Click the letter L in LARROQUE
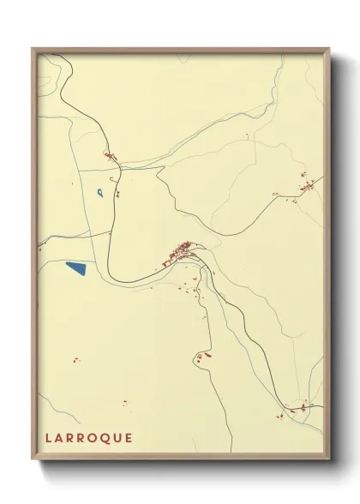49,438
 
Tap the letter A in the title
60,438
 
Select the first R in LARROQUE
72,438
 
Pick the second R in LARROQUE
84,438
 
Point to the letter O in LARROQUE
96,438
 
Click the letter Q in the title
108,438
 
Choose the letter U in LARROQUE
119,438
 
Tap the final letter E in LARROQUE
129,438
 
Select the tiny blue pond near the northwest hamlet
101,192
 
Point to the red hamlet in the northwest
110,156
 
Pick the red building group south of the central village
203,356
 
